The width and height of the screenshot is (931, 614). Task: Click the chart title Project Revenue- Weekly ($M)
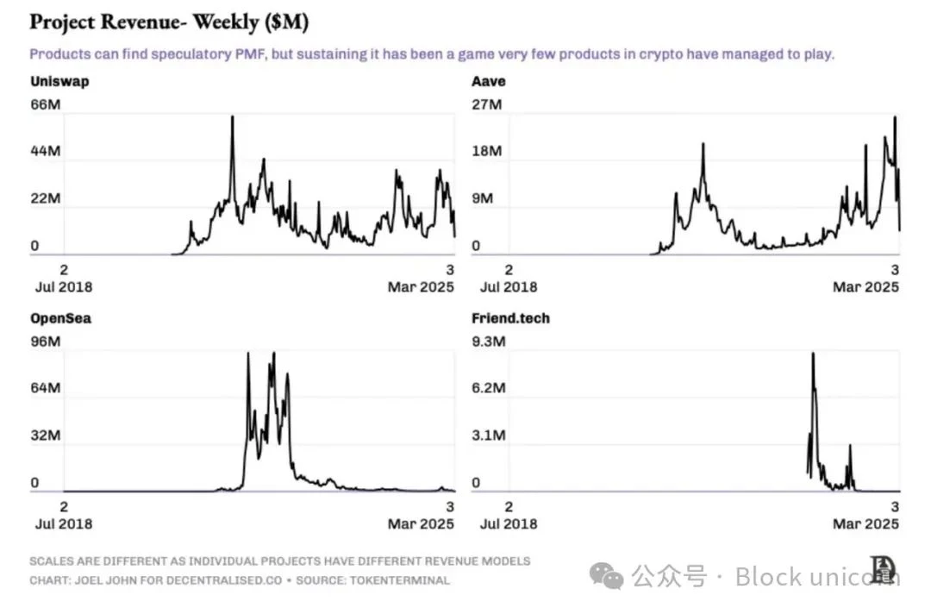pos(169,22)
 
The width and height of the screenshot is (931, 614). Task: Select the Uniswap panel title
pos(59,81)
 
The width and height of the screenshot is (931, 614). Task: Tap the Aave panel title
pos(488,81)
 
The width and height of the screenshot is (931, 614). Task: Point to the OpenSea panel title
pos(60,318)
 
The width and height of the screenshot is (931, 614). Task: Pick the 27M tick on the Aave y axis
pos(486,104)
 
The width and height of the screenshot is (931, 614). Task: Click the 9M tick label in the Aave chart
pos(482,198)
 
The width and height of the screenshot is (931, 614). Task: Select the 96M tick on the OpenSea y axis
pos(46,341)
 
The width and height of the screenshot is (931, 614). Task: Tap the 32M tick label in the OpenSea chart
pos(46,435)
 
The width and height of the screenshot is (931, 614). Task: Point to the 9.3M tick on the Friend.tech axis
pos(488,341)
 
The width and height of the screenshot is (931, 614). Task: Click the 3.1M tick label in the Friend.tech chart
pos(488,435)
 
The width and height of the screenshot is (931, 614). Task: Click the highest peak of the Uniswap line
pos(232,116)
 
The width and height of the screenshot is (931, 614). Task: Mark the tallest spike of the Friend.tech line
pos(813,354)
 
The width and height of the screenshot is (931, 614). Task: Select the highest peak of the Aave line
pos(895,117)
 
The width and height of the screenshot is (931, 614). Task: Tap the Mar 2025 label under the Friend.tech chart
pos(865,523)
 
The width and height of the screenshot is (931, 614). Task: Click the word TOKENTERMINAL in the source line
pos(397,580)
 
